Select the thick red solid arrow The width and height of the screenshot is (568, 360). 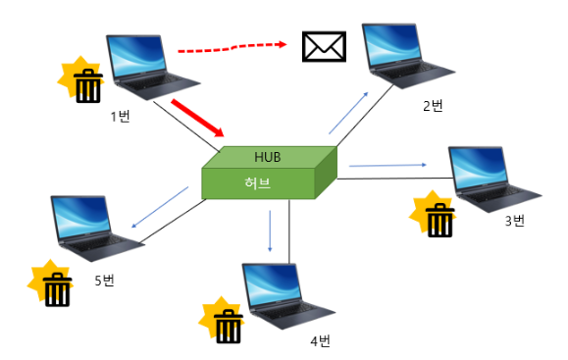point(199,117)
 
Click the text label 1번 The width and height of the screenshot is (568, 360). point(121,117)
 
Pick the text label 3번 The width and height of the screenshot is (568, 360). point(515,221)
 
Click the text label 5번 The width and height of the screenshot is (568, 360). point(104,281)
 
